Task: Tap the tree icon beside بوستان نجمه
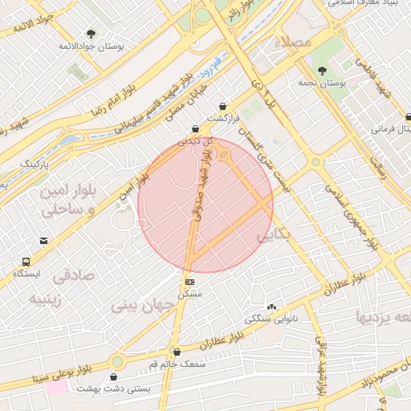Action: tap(323, 71)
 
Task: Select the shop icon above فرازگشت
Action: tap(222, 107)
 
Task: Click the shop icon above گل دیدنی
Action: tap(195, 129)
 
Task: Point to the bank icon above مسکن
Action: tap(189, 282)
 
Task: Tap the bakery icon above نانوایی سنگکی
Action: tap(271, 307)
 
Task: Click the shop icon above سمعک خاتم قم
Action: tap(177, 352)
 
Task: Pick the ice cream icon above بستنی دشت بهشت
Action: tap(117, 376)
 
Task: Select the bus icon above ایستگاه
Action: tap(27, 262)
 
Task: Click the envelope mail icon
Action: tap(43, 239)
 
